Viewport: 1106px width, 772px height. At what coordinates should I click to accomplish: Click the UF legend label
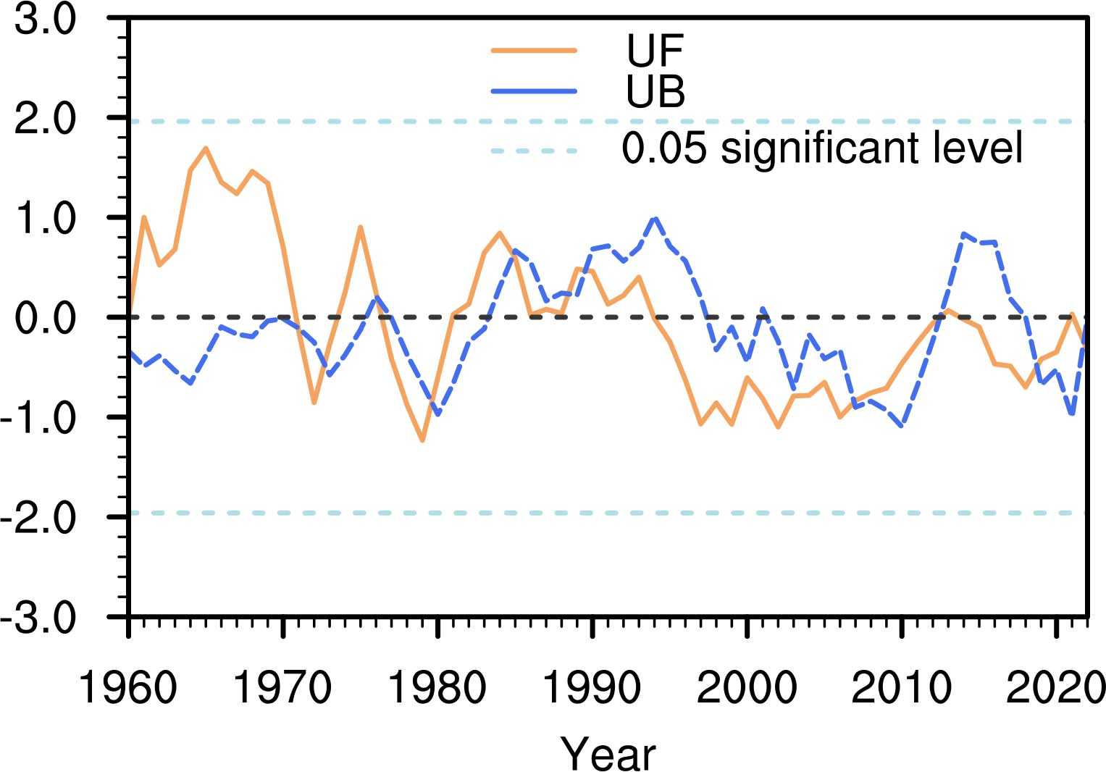pyautogui.click(x=655, y=51)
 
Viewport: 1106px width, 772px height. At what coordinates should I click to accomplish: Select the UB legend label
pyautogui.click(x=655, y=92)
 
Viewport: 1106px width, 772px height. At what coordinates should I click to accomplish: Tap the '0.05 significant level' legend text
pyautogui.click(x=822, y=149)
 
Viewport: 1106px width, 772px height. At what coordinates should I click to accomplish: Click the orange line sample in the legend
pyautogui.click(x=534, y=51)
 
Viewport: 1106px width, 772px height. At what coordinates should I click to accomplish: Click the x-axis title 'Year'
pyautogui.click(x=608, y=753)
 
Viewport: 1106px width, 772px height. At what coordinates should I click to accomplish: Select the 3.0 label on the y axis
pyautogui.click(x=45, y=20)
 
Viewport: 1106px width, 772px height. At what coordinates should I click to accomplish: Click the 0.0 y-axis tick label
pyautogui.click(x=45, y=318)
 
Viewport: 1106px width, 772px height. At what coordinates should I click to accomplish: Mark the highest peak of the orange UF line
pyautogui.click(x=206, y=148)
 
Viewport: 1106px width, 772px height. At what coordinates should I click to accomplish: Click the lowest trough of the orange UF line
pyautogui.click(x=422, y=440)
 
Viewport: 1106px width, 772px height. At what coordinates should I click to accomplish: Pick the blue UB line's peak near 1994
pyautogui.click(x=655, y=217)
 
